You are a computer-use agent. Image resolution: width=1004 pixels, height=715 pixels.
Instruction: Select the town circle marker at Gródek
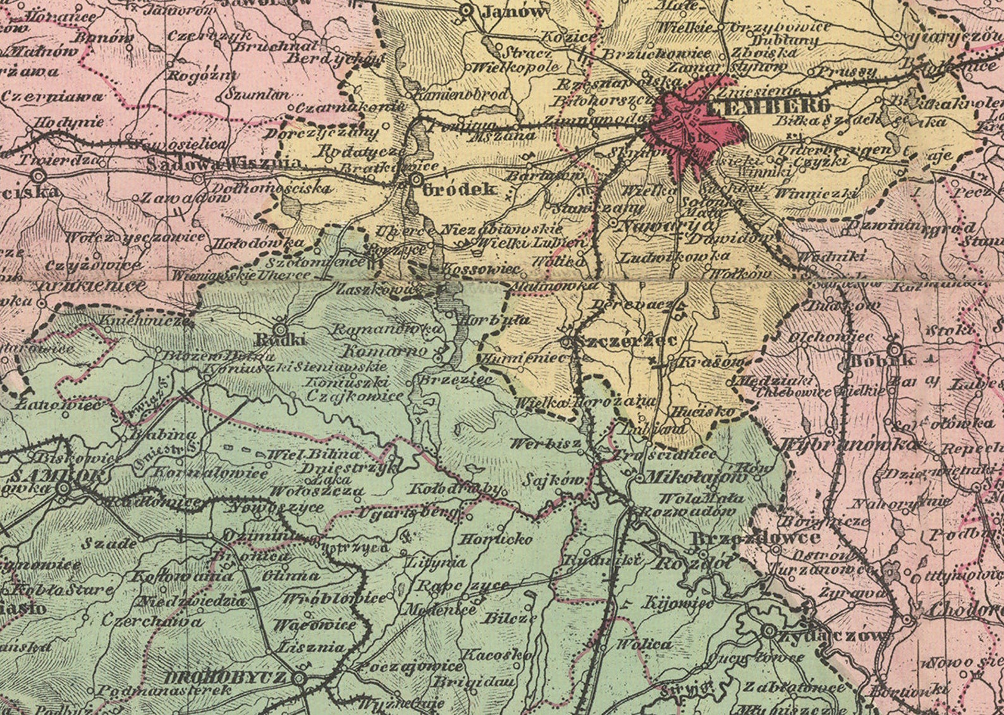[x=415, y=180]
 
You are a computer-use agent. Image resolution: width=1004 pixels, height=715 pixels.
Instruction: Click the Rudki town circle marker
[x=280, y=329]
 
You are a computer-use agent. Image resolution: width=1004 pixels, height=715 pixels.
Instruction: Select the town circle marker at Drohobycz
[x=300, y=679]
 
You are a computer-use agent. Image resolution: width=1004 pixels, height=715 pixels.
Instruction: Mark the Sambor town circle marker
[x=63, y=488]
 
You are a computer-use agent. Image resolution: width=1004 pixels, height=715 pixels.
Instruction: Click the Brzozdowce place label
[x=756, y=538]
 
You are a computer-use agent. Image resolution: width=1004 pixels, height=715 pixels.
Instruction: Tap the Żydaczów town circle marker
[x=769, y=631]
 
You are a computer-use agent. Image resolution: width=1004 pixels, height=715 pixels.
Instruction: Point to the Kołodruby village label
[x=455, y=489]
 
